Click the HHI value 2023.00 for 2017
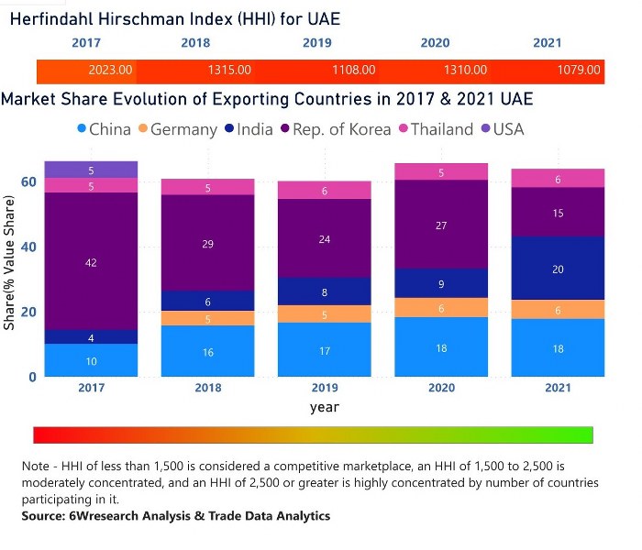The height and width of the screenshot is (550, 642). pos(110,70)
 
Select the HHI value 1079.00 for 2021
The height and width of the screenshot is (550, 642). pos(581,70)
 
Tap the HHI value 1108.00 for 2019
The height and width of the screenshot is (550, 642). pos(353,70)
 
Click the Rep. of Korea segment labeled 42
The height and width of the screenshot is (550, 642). pos(91,261)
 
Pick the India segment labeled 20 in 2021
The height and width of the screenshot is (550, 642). pos(559,269)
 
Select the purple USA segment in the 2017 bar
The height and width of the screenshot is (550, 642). pos(91,170)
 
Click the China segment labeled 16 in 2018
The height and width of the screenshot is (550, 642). pos(208,351)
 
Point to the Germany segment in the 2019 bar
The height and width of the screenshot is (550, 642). pos(326,313)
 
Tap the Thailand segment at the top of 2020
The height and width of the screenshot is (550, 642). pos(442,171)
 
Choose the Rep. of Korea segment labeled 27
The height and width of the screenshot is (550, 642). pos(442,225)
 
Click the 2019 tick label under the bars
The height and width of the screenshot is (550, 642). pos(326,388)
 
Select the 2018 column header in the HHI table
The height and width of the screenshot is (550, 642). pos(195,42)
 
